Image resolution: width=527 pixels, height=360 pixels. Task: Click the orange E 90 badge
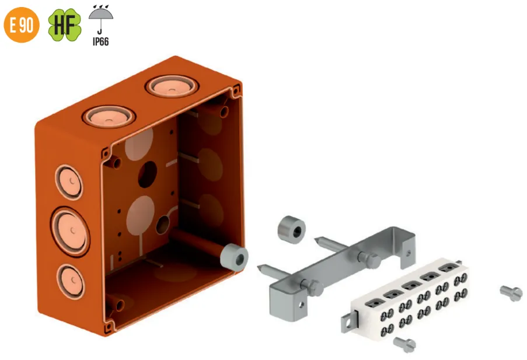(x=22, y=25)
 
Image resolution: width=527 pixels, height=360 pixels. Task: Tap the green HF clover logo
(x=65, y=25)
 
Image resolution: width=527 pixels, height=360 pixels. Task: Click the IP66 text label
(x=101, y=41)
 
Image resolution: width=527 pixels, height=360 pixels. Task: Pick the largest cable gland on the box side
(x=70, y=231)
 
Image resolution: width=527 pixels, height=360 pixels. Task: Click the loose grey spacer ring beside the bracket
(x=291, y=230)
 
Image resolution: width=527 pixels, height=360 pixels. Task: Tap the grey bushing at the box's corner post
(x=234, y=257)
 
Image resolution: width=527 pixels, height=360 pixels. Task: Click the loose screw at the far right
(x=511, y=293)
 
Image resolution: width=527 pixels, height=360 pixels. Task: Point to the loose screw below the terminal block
(x=404, y=344)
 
